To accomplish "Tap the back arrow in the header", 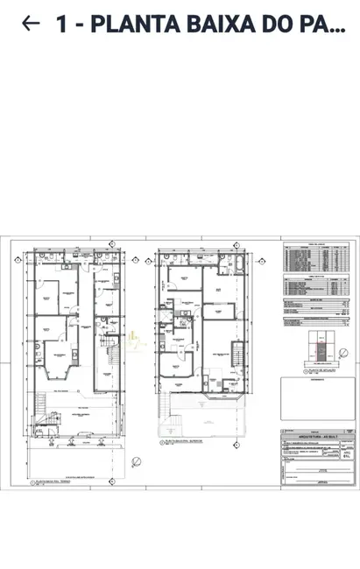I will (30, 24).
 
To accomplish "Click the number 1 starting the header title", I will (61, 25).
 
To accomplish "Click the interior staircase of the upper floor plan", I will (236, 354).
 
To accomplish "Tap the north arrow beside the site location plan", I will (345, 352).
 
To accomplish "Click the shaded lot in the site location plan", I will (321, 352).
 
